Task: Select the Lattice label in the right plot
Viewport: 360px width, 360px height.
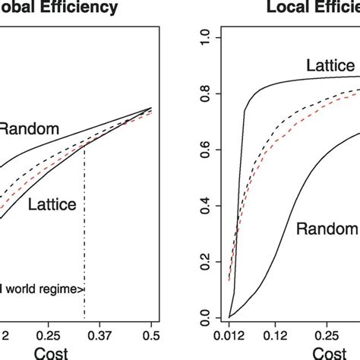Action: pyautogui.click(x=330, y=66)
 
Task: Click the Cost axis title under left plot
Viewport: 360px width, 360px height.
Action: pyautogui.click(x=53, y=352)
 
